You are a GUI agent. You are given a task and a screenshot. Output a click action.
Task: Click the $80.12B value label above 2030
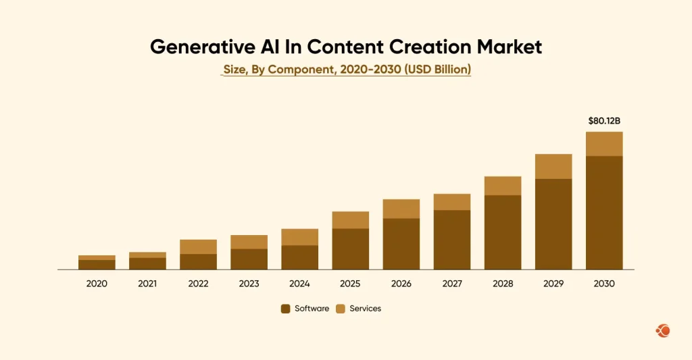pos(604,121)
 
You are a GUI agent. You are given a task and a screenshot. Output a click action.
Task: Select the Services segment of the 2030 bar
pos(604,144)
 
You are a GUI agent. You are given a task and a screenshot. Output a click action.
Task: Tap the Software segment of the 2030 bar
pos(604,213)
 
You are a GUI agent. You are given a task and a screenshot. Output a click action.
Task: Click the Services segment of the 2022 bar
pos(198,247)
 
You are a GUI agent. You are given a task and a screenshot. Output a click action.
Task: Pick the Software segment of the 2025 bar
pos(350,249)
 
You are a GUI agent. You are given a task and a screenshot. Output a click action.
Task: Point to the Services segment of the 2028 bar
pos(503,186)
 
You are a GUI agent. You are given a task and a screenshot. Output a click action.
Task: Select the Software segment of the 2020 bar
pos(97,265)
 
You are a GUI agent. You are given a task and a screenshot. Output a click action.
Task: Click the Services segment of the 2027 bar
pos(452,202)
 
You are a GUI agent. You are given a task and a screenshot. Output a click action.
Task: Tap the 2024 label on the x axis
pos(299,284)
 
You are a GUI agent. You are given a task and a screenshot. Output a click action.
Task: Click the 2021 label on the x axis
pos(147,284)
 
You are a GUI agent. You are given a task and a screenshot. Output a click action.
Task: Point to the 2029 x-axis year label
pos(553,284)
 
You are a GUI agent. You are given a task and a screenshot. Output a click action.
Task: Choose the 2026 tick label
pos(401,284)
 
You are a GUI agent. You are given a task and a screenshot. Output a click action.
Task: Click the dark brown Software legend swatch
pos(286,309)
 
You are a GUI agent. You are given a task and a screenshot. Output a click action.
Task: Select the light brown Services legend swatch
pos(341,309)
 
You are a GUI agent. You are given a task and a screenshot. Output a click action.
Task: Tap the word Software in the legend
pos(312,309)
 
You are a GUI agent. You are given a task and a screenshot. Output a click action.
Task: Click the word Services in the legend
pos(365,309)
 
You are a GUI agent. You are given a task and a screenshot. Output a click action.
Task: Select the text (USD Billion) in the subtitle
pos(437,70)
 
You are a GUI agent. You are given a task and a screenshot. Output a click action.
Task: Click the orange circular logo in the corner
pos(663,330)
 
